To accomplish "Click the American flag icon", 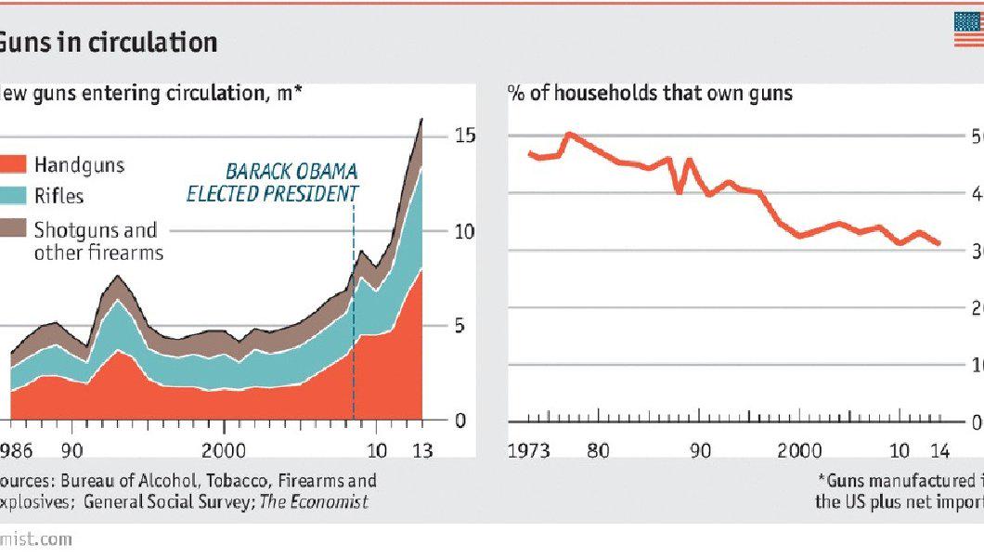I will tap(968, 30).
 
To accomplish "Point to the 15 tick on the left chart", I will tap(465, 136).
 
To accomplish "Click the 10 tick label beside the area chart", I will tap(465, 231).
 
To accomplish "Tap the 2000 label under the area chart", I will tap(223, 451).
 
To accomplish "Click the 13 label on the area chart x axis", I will tap(423, 451).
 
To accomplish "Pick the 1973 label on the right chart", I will tap(529, 451).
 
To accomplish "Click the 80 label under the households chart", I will tap(599, 451).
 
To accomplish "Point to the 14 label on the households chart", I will tap(939, 451).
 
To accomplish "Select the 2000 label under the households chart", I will tap(799, 451).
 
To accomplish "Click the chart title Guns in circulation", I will tap(109, 42).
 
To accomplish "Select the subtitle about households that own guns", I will tap(650, 93).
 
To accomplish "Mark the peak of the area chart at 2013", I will tap(422, 119).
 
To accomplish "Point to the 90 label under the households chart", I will tap(701, 451).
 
